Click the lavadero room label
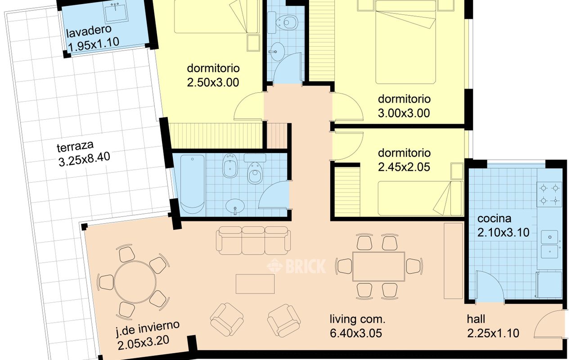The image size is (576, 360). (x=89, y=31)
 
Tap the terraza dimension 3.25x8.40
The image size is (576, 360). (x=84, y=159)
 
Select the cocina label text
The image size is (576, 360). (x=494, y=219)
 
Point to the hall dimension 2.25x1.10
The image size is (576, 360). (x=493, y=333)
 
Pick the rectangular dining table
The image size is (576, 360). (x=378, y=266)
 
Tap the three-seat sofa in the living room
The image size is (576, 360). (x=253, y=240)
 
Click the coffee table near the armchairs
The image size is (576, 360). (x=255, y=284)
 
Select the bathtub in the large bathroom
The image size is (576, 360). (x=192, y=184)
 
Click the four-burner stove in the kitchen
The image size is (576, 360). (x=549, y=194)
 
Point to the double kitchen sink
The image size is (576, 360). (x=549, y=244)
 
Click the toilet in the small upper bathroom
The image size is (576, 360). (x=287, y=22)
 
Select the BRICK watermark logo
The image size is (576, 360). (x=296, y=266)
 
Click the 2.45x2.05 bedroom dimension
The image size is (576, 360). (x=404, y=167)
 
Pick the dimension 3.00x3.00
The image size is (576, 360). (x=404, y=113)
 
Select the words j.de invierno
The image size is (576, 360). (x=148, y=328)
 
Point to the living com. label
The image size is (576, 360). (x=357, y=319)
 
